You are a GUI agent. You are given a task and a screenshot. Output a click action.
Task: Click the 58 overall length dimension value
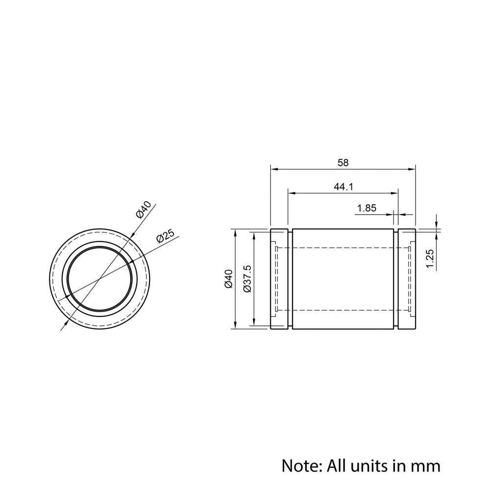click(x=343, y=163)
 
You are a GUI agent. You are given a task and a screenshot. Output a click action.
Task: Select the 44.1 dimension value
click(x=343, y=187)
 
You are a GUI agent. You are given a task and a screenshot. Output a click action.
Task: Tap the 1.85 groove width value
click(x=367, y=208)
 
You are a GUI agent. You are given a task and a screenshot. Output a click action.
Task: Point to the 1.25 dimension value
click(x=430, y=258)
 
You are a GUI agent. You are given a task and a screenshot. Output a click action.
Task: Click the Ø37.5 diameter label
click(x=247, y=279)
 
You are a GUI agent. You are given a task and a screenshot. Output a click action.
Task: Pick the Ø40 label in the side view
click(x=229, y=279)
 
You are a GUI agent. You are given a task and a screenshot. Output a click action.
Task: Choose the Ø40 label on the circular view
click(x=144, y=210)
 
